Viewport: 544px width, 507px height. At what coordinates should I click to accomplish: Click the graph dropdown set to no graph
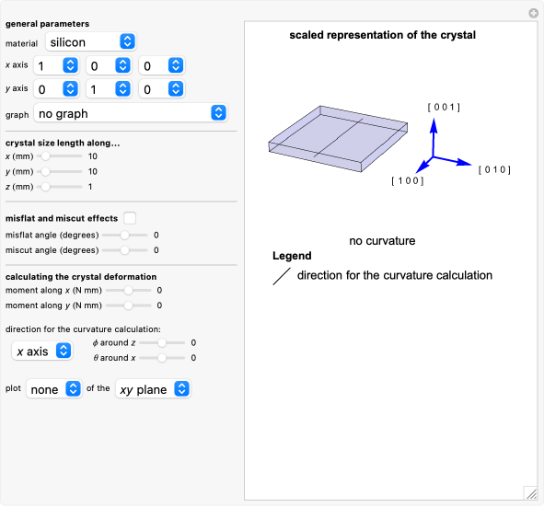click(x=129, y=113)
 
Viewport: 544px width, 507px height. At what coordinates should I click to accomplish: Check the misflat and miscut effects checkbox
click(x=130, y=218)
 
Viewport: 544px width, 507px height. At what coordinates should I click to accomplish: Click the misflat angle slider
click(x=124, y=235)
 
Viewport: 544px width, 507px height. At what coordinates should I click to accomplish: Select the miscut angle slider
click(x=124, y=249)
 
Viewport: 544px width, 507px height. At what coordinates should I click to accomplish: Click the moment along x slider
click(x=129, y=291)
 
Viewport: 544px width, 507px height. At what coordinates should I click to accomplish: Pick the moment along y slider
click(x=129, y=305)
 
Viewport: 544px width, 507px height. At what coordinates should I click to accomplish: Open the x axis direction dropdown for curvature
click(x=41, y=351)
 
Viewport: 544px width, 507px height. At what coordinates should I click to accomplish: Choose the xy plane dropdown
click(x=153, y=389)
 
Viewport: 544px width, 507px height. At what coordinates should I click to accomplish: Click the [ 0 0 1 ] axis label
click(x=444, y=108)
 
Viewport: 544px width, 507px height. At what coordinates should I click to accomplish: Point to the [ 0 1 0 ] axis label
click(x=493, y=170)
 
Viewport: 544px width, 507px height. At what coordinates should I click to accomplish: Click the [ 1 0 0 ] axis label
click(x=407, y=181)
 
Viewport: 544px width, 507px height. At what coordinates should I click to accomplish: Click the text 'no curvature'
click(x=382, y=241)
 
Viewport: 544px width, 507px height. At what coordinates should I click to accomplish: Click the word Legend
click(x=292, y=256)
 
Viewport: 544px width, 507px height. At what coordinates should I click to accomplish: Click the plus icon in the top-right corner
click(x=533, y=14)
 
